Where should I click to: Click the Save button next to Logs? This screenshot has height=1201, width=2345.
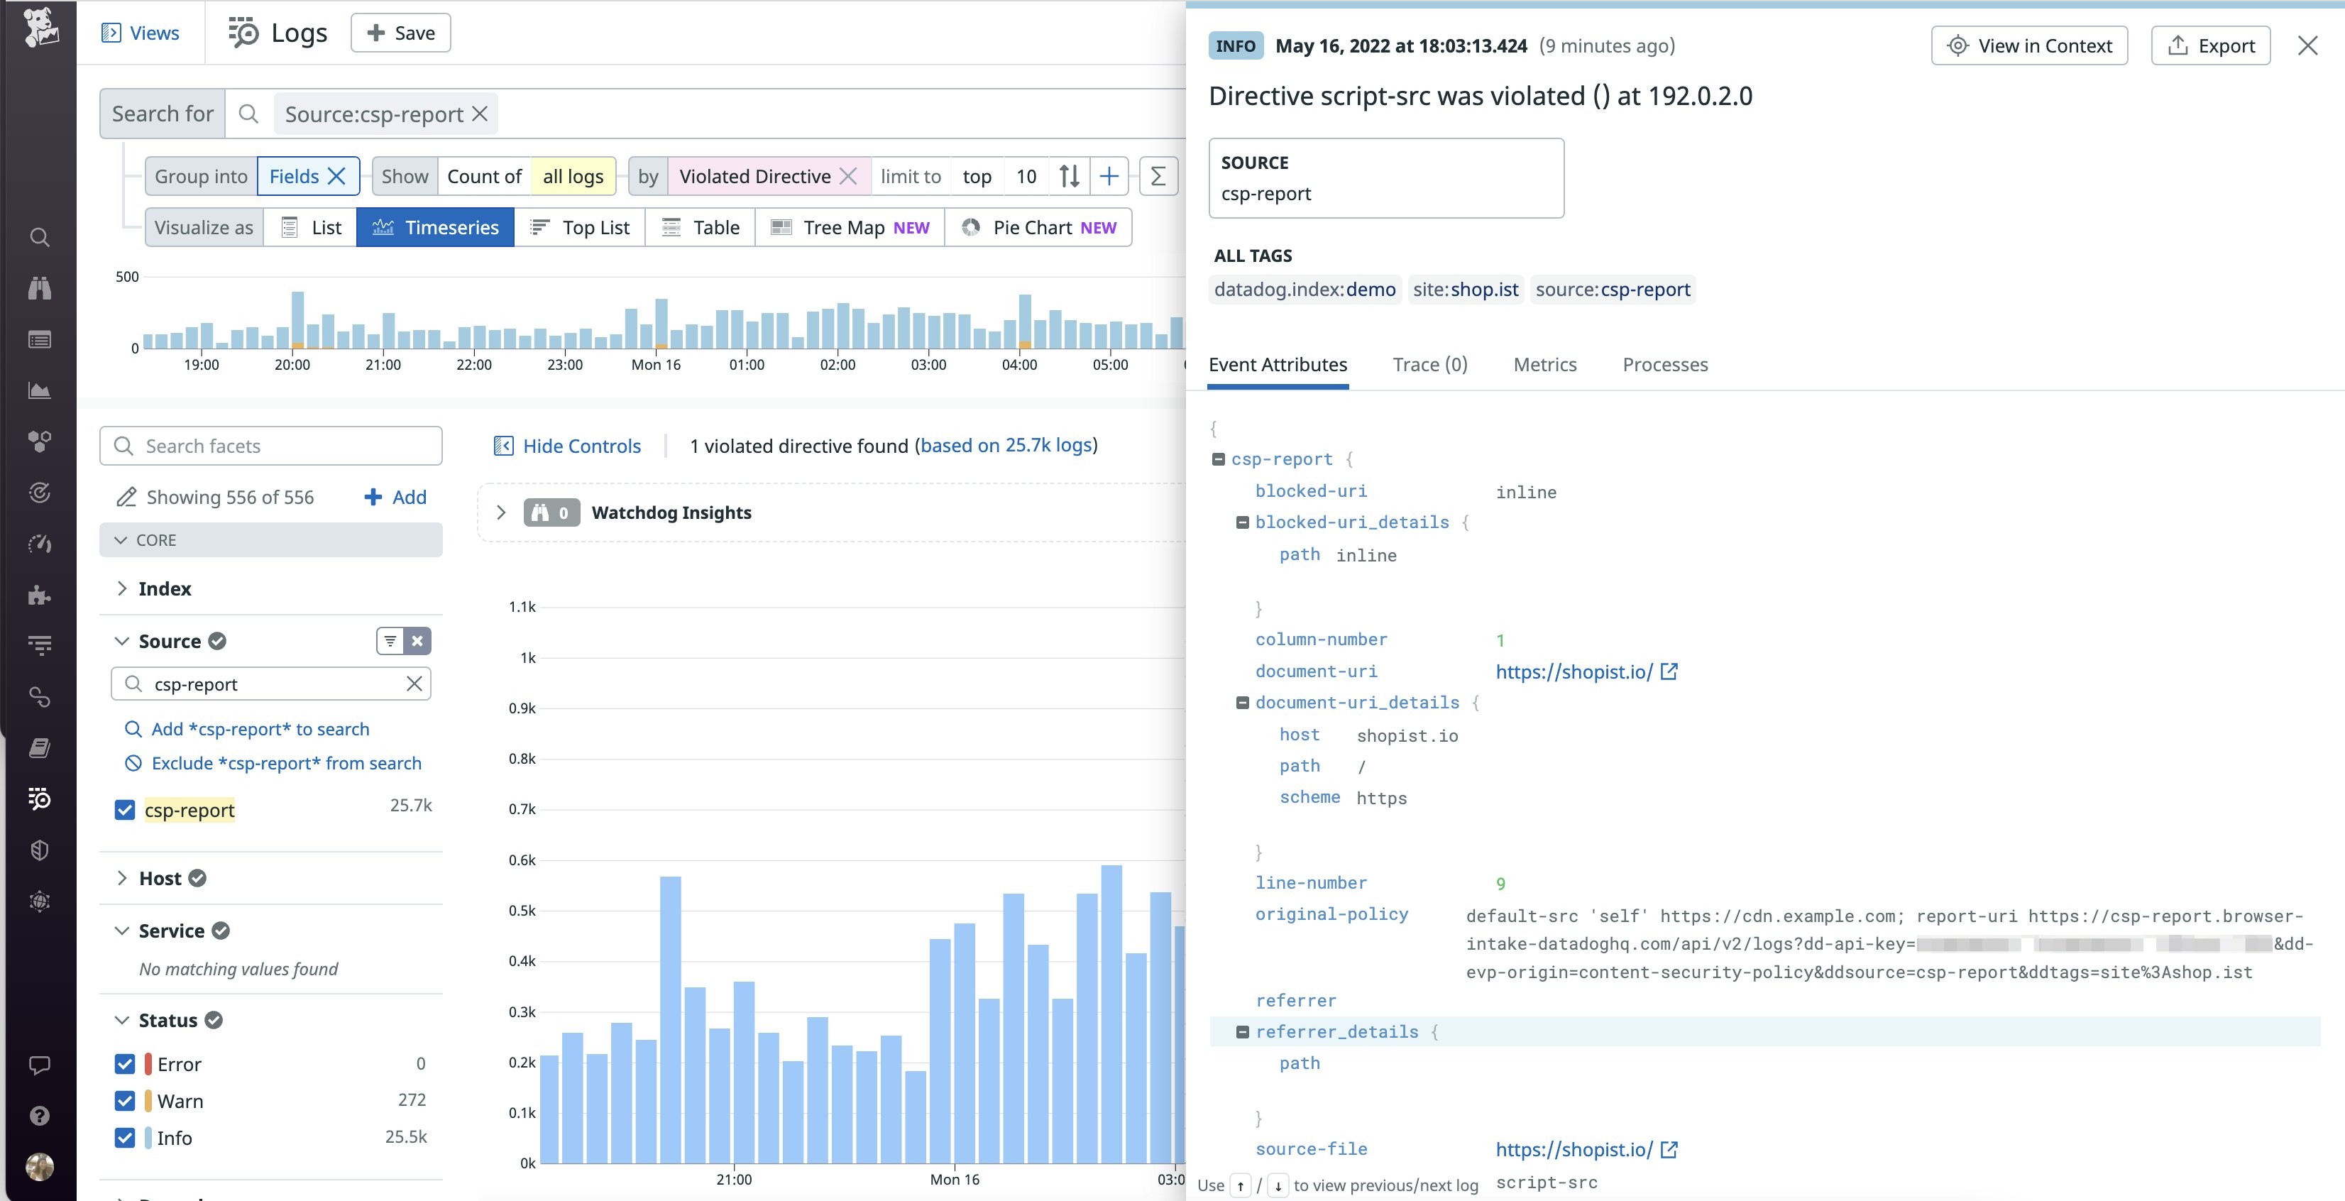(x=400, y=33)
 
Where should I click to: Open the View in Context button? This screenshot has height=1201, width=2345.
(x=2029, y=45)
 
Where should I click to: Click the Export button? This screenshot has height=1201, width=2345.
(x=2210, y=45)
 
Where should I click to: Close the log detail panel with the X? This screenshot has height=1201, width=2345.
(x=2307, y=45)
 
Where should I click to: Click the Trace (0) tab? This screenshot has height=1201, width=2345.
(x=1429, y=364)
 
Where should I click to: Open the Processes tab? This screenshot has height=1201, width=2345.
(x=1665, y=364)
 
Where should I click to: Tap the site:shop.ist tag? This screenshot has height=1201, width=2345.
(x=1466, y=290)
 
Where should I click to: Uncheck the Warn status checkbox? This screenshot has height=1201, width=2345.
(x=125, y=1101)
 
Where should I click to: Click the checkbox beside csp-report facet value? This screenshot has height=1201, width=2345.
(x=125, y=809)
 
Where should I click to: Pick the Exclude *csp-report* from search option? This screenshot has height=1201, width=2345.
(x=286, y=763)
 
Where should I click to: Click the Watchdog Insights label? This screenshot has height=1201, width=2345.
(x=671, y=512)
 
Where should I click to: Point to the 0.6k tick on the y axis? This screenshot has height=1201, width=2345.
(x=522, y=860)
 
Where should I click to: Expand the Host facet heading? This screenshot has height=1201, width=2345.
(x=160, y=878)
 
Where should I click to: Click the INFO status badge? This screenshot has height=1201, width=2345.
(x=1235, y=45)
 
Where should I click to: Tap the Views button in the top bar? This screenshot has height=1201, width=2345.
(x=141, y=33)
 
